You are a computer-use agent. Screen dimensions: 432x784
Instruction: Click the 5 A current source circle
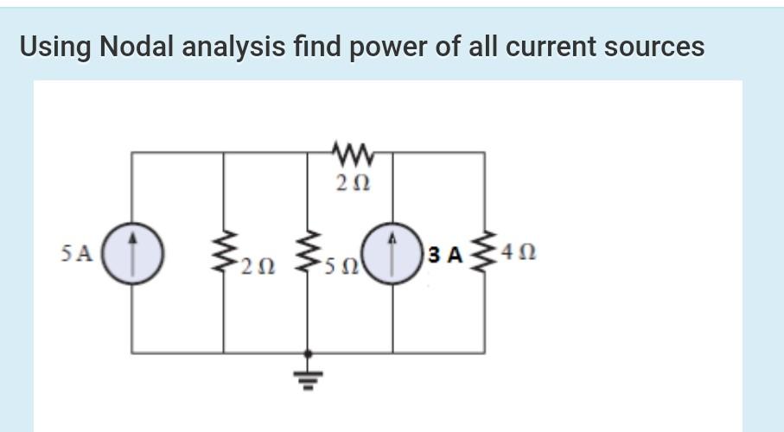click(x=132, y=253)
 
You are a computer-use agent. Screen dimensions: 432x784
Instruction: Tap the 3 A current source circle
click(x=393, y=253)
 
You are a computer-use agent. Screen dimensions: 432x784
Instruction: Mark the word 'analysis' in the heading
click(x=233, y=47)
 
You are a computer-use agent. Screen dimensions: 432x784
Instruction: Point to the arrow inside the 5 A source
click(x=132, y=251)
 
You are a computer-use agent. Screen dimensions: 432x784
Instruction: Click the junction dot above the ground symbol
click(x=309, y=353)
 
